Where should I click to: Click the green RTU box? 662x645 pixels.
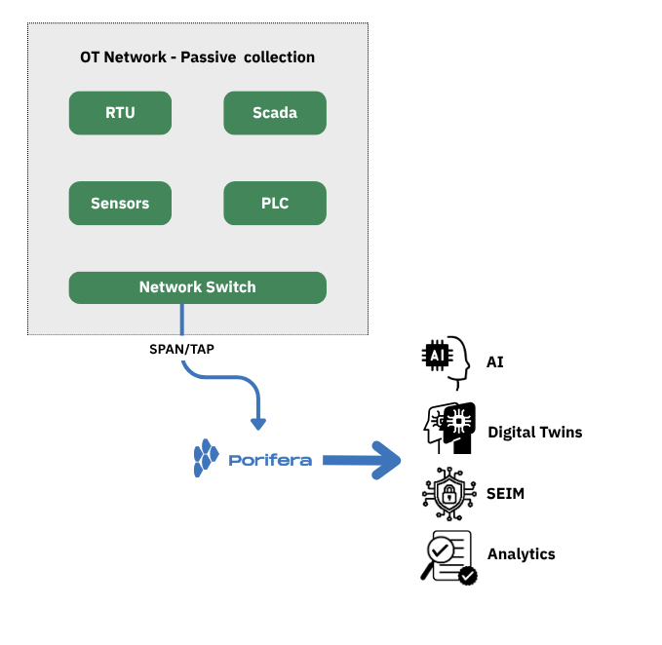[x=120, y=113]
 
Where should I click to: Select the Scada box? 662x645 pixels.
[x=275, y=113]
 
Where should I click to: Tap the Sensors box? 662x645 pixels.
[x=120, y=204]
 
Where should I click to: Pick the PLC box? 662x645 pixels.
[x=275, y=204]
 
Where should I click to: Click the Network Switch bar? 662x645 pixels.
[x=197, y=287]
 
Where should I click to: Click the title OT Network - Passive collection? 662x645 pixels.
[x=197, y=57]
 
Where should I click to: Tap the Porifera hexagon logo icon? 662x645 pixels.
[x=206, y=458]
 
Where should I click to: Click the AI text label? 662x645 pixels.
[x=495, y=362]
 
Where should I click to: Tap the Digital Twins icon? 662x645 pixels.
[x=448, y=430]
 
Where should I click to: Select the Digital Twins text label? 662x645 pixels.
[x=534, y=432]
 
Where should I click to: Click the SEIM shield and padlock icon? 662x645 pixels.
[x=448, y=494]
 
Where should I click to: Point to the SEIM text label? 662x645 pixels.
[x=505, y=494]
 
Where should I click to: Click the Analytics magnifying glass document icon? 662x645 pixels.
[x=447, y=556]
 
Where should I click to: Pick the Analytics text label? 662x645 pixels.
[x=521, y=554]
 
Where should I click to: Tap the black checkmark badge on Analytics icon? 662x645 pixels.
[x=468, y=576]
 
